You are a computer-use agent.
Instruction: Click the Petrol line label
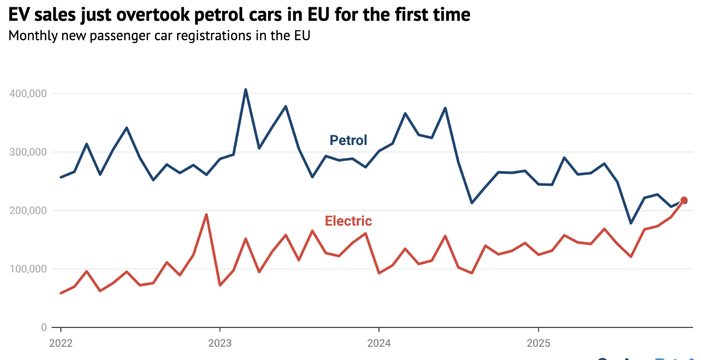[348, 140]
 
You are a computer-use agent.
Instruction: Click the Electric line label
[348, 221]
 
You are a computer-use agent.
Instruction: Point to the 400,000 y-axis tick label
[28, 94]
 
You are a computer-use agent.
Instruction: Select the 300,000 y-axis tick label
[28, 152]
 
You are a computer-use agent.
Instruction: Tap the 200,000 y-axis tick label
[28, 210]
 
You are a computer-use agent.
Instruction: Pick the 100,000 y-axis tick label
[28, 269]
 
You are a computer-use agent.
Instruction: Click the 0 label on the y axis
[44, 327]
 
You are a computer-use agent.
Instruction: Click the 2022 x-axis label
[60, 343]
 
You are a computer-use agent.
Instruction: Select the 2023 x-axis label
[220, 343]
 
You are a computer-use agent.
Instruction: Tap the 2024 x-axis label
[379, 343]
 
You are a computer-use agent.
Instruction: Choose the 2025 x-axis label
[538, 343]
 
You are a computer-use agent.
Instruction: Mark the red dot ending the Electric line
[684, 200]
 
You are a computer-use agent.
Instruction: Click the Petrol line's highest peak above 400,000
[246, 90]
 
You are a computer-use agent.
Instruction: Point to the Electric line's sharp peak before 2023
[206, 215]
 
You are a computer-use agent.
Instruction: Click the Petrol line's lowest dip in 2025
[631, 223]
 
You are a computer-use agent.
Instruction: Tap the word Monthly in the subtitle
[30, 36]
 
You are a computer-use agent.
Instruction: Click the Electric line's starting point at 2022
[61, 293]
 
